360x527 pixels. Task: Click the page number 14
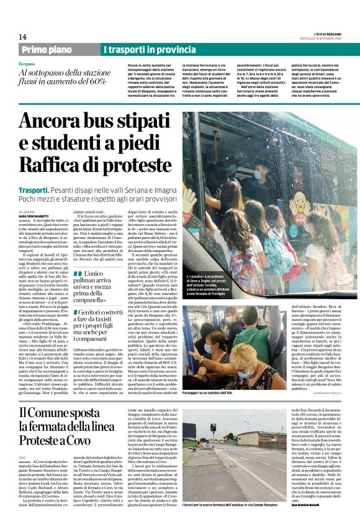pos(22,37)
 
